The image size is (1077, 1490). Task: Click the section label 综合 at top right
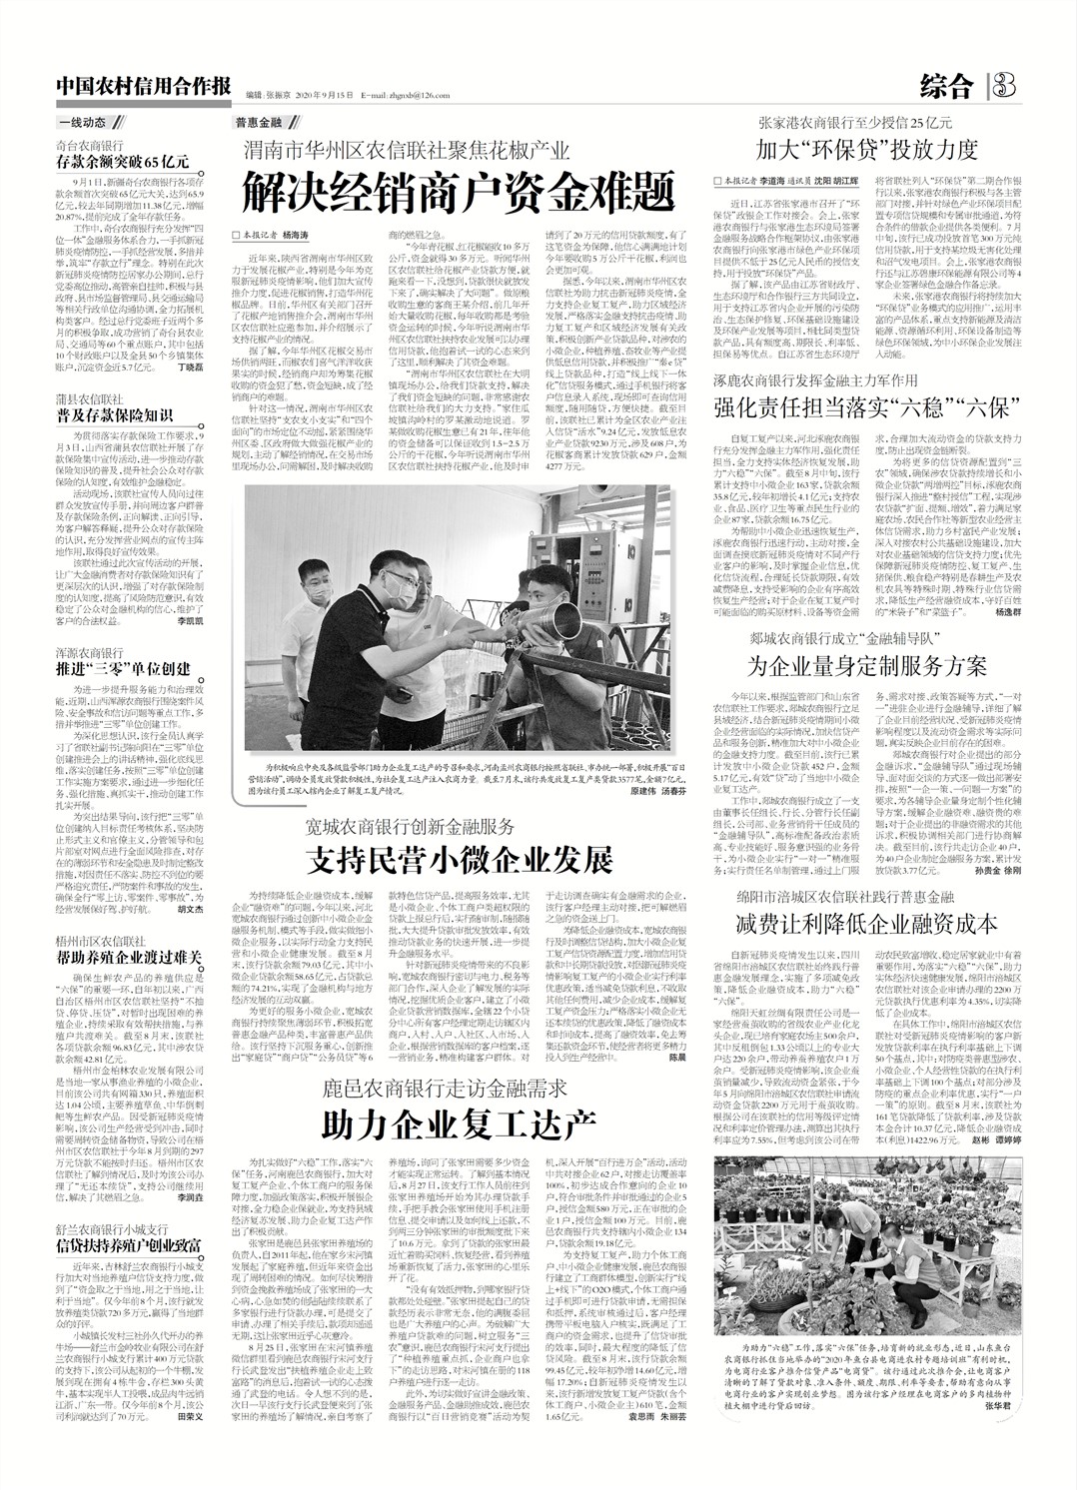(x=945, y=86)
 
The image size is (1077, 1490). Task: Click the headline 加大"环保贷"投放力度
(x=865, y=151)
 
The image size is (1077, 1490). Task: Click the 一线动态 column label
(x=82, y=123)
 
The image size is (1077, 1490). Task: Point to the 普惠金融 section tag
(x=258, y=123)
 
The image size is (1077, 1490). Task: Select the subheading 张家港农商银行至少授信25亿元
(x=855, y=124)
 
